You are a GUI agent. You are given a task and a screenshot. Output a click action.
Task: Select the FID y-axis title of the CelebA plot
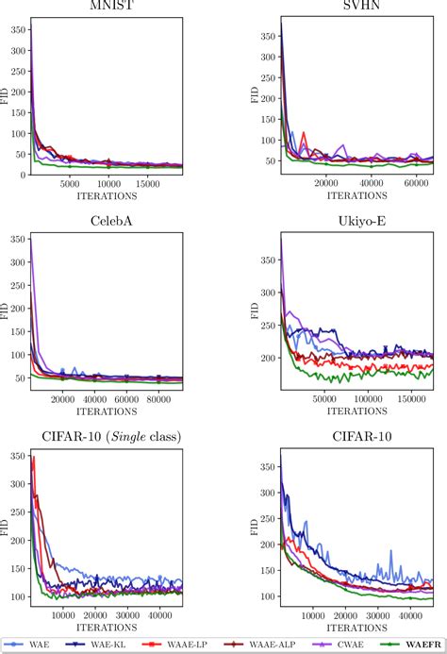pyautogui.click(x=6, y=310)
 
